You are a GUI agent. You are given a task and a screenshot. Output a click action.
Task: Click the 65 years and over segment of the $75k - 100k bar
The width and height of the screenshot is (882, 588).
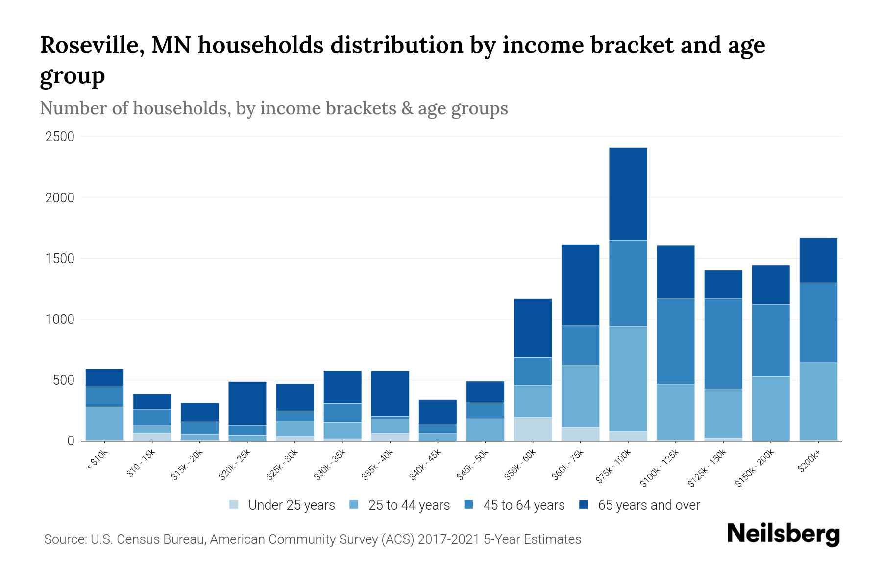coord(628,194)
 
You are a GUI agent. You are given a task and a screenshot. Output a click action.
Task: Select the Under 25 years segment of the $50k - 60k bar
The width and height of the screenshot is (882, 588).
coord(533,429)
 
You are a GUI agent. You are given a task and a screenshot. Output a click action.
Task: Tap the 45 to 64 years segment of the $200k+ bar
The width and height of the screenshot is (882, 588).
coord(818,322)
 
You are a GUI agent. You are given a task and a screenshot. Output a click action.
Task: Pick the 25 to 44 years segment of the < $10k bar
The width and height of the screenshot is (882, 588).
coord(104,423)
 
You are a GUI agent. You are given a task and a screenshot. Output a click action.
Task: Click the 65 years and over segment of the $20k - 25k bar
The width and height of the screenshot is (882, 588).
coord(247,403)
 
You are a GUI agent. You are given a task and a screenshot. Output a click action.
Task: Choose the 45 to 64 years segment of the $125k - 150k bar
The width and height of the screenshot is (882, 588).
coord(723,343)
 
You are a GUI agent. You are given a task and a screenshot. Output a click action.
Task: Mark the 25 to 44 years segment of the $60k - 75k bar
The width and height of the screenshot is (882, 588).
coord(580,396)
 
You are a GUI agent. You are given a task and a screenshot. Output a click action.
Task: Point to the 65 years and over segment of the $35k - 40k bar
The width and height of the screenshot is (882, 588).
coord(390,393)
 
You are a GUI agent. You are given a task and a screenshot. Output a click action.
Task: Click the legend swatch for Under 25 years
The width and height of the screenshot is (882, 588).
coord(234,504)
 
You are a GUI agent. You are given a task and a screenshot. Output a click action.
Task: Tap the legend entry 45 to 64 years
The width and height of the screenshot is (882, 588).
coord(523,505)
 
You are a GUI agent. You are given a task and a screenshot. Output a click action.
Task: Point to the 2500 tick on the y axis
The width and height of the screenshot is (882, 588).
coord(60,137)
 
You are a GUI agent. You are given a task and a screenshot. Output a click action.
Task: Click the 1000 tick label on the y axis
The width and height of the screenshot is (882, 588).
coord(60,319)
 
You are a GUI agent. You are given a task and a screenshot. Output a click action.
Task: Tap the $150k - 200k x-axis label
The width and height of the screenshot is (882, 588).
coord(755,468)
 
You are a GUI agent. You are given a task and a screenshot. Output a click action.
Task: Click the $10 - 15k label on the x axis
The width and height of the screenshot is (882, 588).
coord(140,464)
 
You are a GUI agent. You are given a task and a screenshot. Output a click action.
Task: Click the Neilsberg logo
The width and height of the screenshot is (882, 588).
coord(783,534)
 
